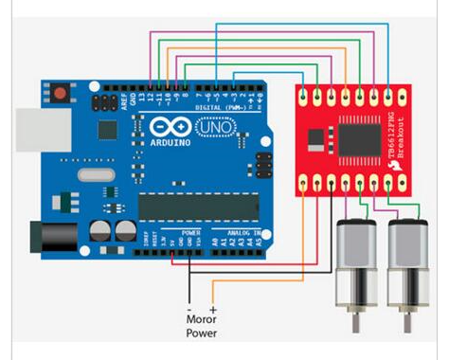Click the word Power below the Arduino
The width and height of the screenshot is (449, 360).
pos(200,333)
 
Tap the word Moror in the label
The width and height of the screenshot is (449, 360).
pos(200,320)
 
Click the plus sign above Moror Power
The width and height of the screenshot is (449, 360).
pos(213,308)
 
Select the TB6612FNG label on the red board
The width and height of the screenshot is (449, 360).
pos(397,122)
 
